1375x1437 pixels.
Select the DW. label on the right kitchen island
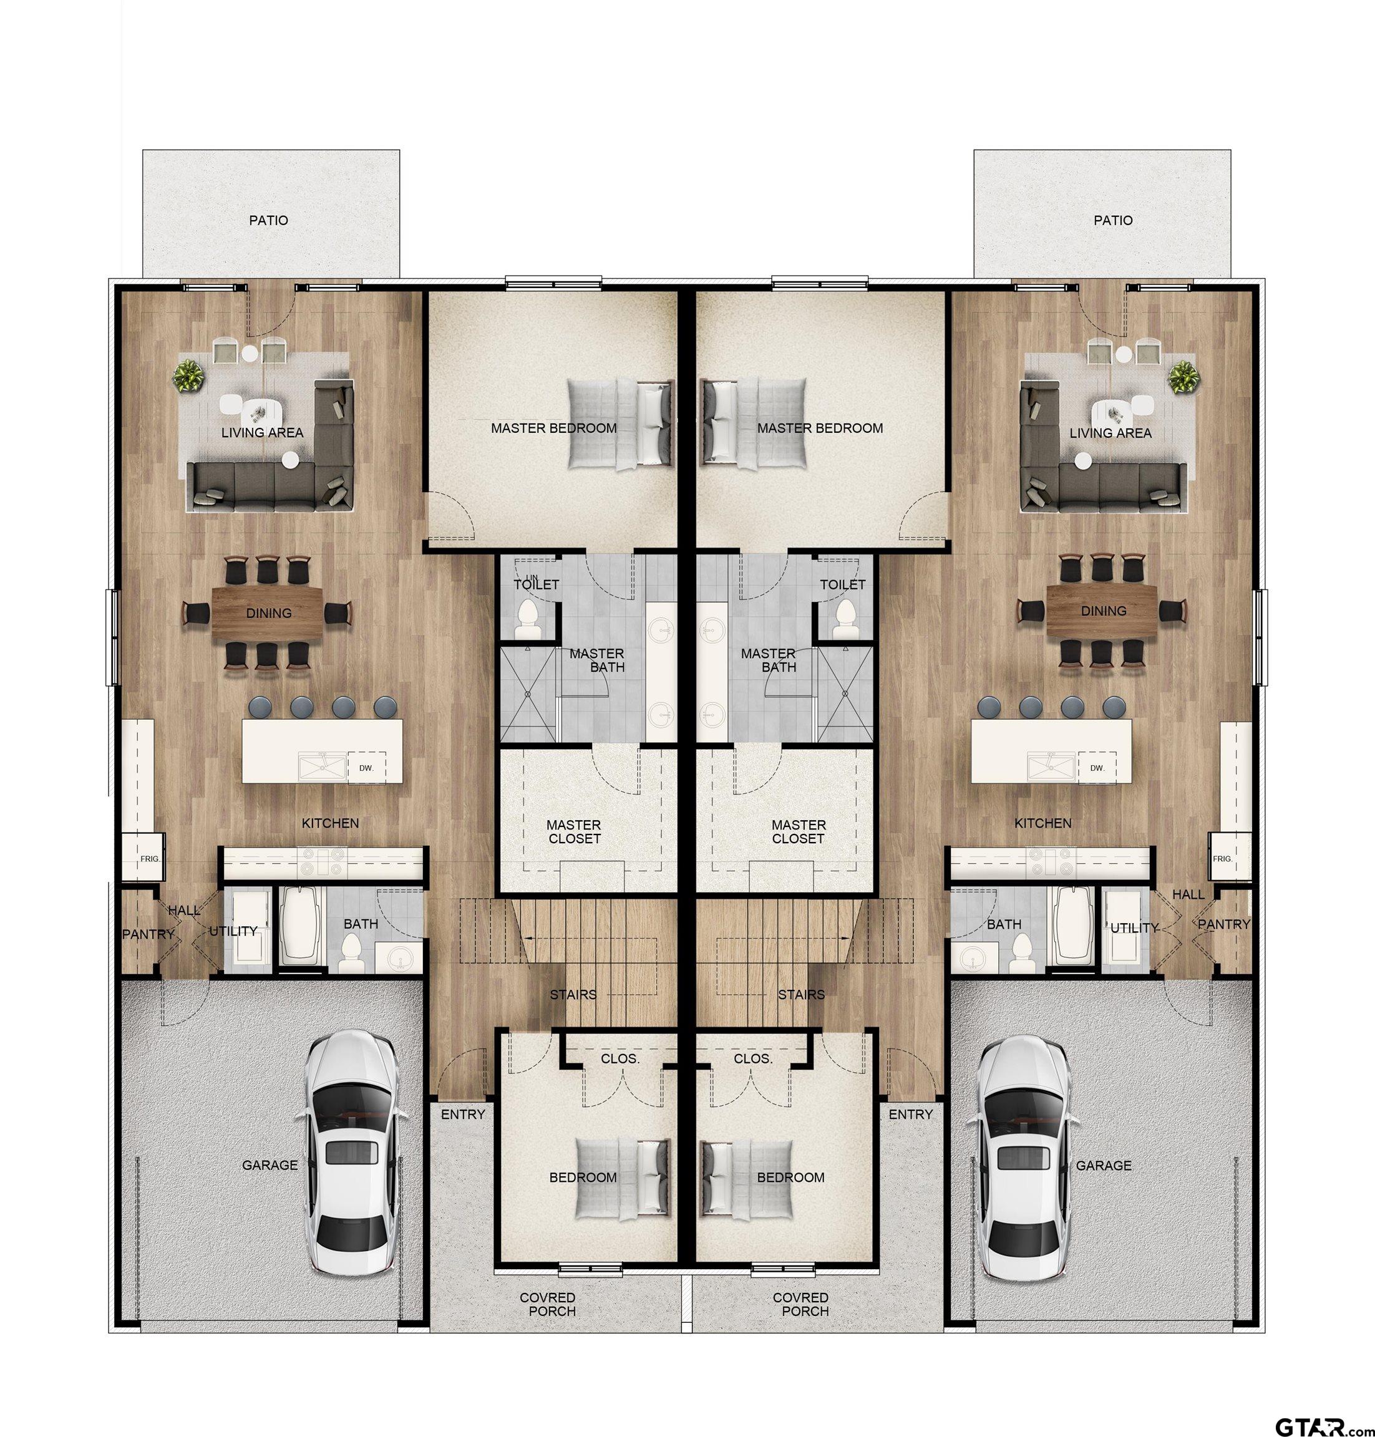click(x=1097, y=768)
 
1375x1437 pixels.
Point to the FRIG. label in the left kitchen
click(x=150, y=858)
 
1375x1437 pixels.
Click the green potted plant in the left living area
click(x=189, y=376)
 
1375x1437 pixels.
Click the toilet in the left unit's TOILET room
click(x=528, y=619)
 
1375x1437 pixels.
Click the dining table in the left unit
click(x=268, y=612)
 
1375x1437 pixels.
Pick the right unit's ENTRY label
click(x=910, y=1115)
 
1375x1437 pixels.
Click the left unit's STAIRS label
click(x=573, y=994)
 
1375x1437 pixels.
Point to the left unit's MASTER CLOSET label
click(x=574, y=832)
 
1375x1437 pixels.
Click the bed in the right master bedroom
click(x=755, y=423)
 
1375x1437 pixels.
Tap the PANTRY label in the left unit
click(x=148, y=934)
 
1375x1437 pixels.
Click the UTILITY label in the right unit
click(x=1134, y=927)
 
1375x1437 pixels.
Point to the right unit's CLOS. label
click(x=754, y=1059)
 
